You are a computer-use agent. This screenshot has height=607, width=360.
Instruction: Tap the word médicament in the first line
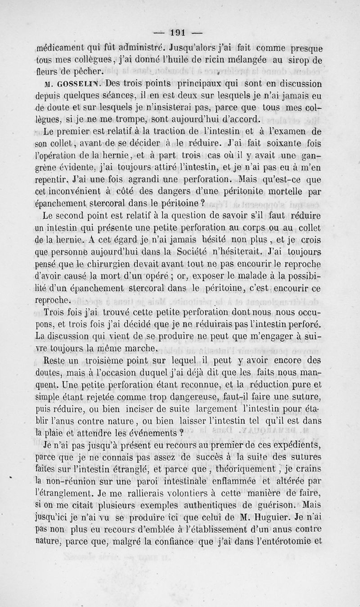(63, 46)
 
